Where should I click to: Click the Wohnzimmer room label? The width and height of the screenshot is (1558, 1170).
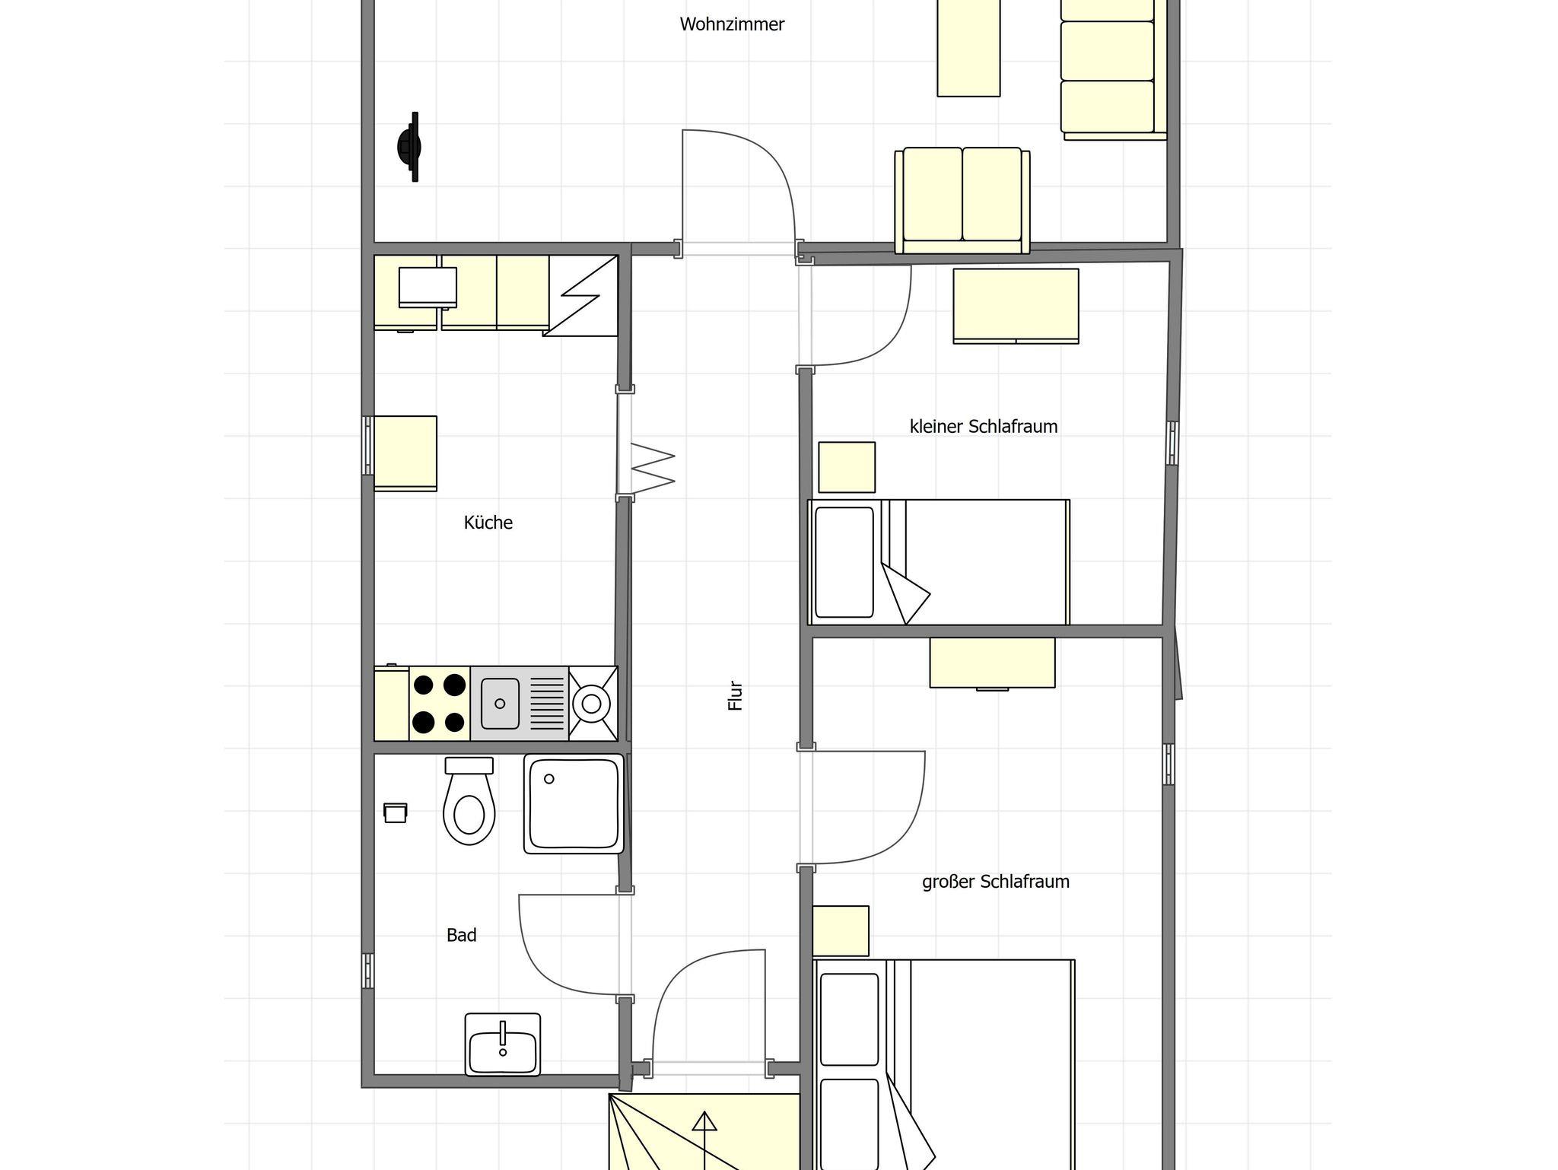tap(732, 24)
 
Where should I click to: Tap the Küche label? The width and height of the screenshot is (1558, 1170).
tap(488, 523)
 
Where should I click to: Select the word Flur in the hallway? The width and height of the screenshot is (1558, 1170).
tap(736, 695)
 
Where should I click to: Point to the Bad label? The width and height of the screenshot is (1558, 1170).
tap(462, 935)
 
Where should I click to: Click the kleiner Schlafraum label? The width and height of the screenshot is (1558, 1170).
tap(984, 427)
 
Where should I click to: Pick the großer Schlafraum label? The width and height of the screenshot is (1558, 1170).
tap(996, 882)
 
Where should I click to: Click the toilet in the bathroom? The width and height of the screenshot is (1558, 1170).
tap(469, 801)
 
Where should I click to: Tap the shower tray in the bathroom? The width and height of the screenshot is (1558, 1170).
tap(574, 803)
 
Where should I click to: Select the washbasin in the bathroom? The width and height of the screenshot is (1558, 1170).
tap(503, 1044)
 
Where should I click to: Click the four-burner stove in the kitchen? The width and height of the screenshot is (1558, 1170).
tap(440, 704)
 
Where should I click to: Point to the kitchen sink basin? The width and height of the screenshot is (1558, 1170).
tap(501, 704)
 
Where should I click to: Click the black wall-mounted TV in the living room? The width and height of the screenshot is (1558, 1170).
tap(409, 147)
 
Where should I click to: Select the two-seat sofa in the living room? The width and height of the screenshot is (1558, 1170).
tap(962, 201)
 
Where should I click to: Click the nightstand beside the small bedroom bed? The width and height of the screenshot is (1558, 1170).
tap(847, 467)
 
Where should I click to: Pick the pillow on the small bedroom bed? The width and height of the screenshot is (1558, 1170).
tap(844, 562)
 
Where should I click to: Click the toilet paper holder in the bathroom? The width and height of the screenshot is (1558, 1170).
tap(396, 812)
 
